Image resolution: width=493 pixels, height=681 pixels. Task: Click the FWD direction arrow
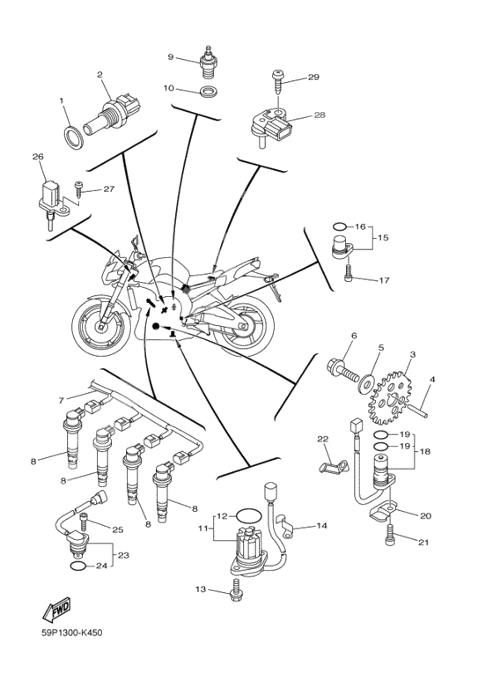coord(56,609)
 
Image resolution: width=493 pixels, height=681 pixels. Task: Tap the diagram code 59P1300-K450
coord(72,633)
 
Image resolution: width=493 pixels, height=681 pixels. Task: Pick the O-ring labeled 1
coord(75,137)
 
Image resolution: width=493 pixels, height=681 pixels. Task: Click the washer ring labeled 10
coord(209,92)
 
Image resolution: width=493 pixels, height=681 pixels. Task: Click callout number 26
coord(38,156)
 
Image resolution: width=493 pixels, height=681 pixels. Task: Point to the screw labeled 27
coord(79,189)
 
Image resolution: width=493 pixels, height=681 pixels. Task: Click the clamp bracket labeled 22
coord(334,466)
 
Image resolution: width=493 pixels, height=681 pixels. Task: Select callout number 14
coord(321,526)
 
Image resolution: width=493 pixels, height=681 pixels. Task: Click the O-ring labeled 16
coord(340,226)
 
